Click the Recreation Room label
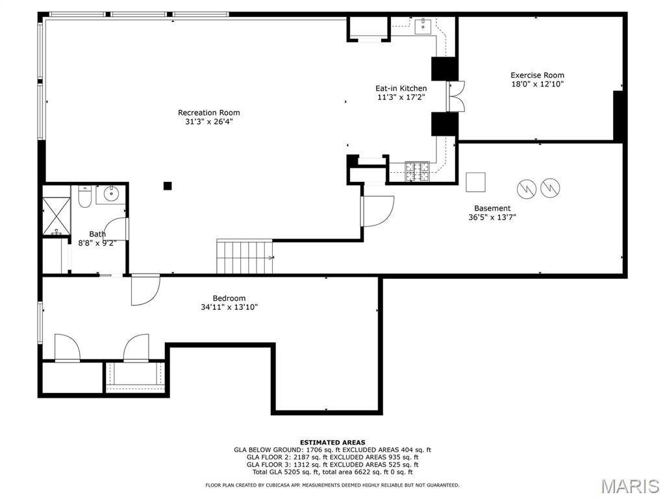pyautogui.click(x=208, y=112)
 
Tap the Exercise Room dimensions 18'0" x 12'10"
pyautogui.click(x=537, y=84)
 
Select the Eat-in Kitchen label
pyautogui.click(x=401, y=88)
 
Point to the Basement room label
pyautogui.click(x=492, y=209)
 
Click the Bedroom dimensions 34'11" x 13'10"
pyautogui.click(x=229, y=307)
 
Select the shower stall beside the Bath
pyautogui.click(x=56, y=216)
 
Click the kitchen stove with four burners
pyautogui.click(x=417, y=172)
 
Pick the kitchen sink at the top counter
pyautogui.click(x=423, y=26)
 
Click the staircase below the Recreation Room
pyautogui.click(x=245, y=257)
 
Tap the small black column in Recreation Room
pyautogui.click(x=168, y=185)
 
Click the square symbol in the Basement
pyautogui.click(x=475, y=182)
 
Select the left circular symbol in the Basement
pyautogui.click(x=527, y=188)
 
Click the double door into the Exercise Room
pyautogui.click(x=455, y=96)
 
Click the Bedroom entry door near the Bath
pyautogui.click(x=145, y=290)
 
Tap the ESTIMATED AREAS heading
pyautogui.click(x=332, y=442)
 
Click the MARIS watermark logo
pyautogui.click(x=629, y=486)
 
